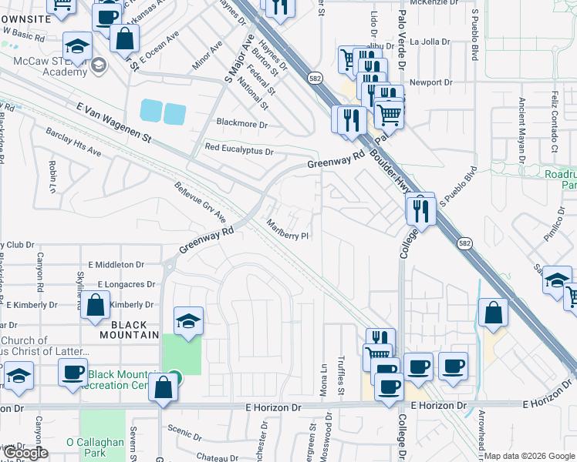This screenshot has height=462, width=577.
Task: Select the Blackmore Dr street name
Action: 241,123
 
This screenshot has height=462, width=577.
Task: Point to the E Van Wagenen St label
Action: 114,122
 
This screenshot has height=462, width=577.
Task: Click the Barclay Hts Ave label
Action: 74,142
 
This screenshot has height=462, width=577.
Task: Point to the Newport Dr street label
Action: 430,82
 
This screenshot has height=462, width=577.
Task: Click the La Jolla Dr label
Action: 429,42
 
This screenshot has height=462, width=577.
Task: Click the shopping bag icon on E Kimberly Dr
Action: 95,305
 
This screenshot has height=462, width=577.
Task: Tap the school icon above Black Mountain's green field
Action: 187,320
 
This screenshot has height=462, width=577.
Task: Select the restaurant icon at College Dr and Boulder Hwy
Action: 420,209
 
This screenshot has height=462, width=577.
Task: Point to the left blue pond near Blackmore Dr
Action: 151,112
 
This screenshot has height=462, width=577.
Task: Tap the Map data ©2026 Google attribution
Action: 529,456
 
